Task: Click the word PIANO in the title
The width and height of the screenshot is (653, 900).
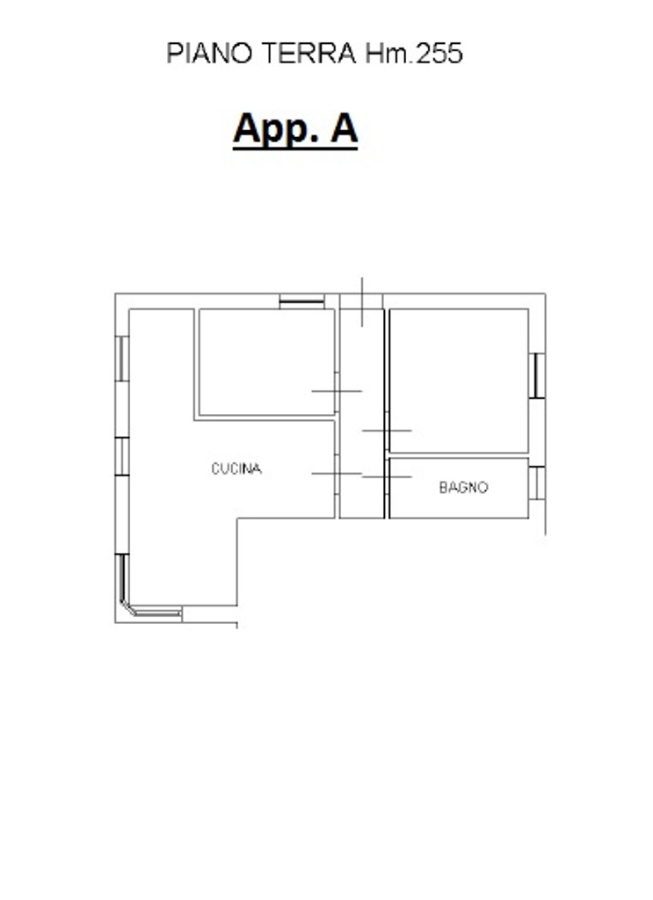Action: coord(209,54)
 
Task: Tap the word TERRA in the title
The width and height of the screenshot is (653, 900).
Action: coord(309,54)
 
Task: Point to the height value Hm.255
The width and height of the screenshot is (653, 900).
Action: coord(414,54)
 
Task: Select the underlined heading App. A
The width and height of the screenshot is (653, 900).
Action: coord(295,130)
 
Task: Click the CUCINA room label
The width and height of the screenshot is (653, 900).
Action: coord(236,469)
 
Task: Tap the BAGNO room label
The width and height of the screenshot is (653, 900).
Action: coord(464,487)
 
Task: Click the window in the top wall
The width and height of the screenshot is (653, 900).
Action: coord(301,301)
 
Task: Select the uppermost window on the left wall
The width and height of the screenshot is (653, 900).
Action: coord(122,359)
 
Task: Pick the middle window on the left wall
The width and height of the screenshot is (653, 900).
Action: coord(122,456)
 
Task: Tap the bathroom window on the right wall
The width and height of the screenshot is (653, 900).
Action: coord(536,483)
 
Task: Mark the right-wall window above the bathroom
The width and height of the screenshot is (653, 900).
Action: coord(536,375)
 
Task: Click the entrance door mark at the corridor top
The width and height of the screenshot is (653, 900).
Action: coord(362,302)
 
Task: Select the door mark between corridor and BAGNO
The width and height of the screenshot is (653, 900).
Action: coord(387,477)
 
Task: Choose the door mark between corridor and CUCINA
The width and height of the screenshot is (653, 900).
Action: coord(337,474)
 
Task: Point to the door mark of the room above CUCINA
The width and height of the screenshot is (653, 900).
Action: coord(337,391)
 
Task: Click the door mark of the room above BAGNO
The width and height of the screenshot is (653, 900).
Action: coord(387,431)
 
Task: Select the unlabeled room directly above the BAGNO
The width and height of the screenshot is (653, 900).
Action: coord(459,381)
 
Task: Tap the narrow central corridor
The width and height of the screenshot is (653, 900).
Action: coord(361,413)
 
